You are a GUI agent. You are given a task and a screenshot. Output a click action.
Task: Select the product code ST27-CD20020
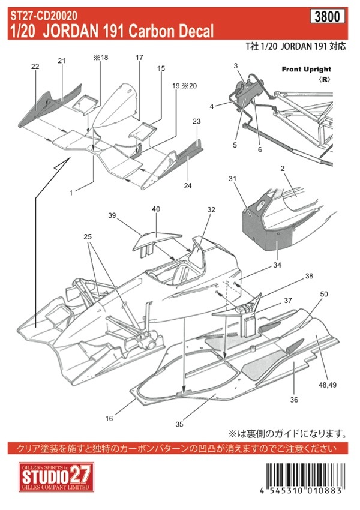point(44,15)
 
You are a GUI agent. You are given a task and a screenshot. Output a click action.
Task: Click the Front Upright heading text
point(307,69)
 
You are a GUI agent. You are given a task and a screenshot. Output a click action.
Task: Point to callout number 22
point(35,67)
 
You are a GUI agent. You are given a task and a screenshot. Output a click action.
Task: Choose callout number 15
point(161,68)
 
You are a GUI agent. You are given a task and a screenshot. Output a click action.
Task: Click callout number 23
point(196,121)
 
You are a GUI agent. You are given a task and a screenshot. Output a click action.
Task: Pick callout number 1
point(71,193)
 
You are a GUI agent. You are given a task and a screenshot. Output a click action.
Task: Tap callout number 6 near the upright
point(260,149)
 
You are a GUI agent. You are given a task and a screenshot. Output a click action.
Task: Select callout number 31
point(232,179)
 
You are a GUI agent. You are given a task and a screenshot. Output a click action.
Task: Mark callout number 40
point(156,209)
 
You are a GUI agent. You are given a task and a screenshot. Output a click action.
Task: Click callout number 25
point(88,237)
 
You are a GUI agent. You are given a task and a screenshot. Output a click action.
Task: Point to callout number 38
point(309,276)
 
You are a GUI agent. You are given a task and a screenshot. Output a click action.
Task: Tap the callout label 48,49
point(328,385)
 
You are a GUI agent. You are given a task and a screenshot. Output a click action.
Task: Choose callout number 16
point(109,418)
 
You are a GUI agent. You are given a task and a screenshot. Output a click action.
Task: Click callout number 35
point(179,424)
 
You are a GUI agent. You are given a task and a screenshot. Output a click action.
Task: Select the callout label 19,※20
point(184,86)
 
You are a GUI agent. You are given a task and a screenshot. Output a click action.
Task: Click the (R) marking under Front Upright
point(325,79)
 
